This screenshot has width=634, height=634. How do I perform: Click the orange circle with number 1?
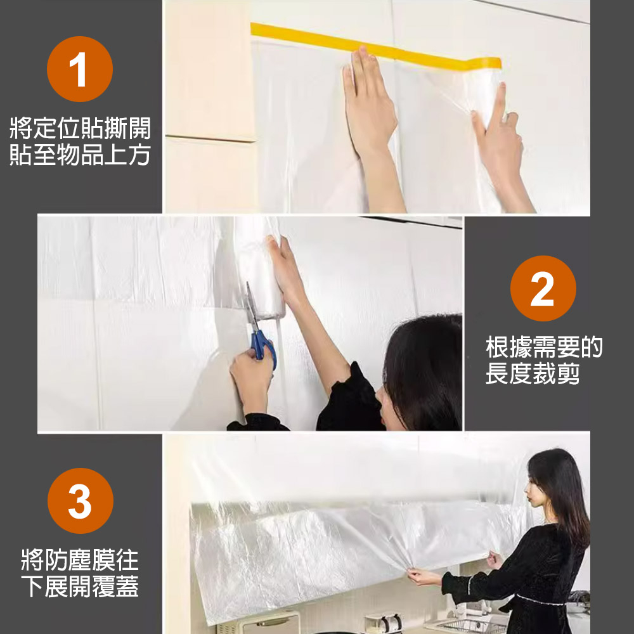click(x=80, y=70)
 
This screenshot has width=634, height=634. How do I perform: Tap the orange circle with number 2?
click(x=543, y=288)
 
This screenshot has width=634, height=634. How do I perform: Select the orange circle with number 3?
click(x=80, y=501)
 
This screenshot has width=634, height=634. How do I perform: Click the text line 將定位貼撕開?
click(x=80, y=129)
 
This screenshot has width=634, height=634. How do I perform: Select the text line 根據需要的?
click(x=543, y=347)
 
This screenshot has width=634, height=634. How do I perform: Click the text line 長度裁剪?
click(x=533, y=374)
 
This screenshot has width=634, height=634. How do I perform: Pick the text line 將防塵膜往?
click(x=80, y=559)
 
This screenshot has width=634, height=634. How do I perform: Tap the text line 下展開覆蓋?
click(x=80, y=586)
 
